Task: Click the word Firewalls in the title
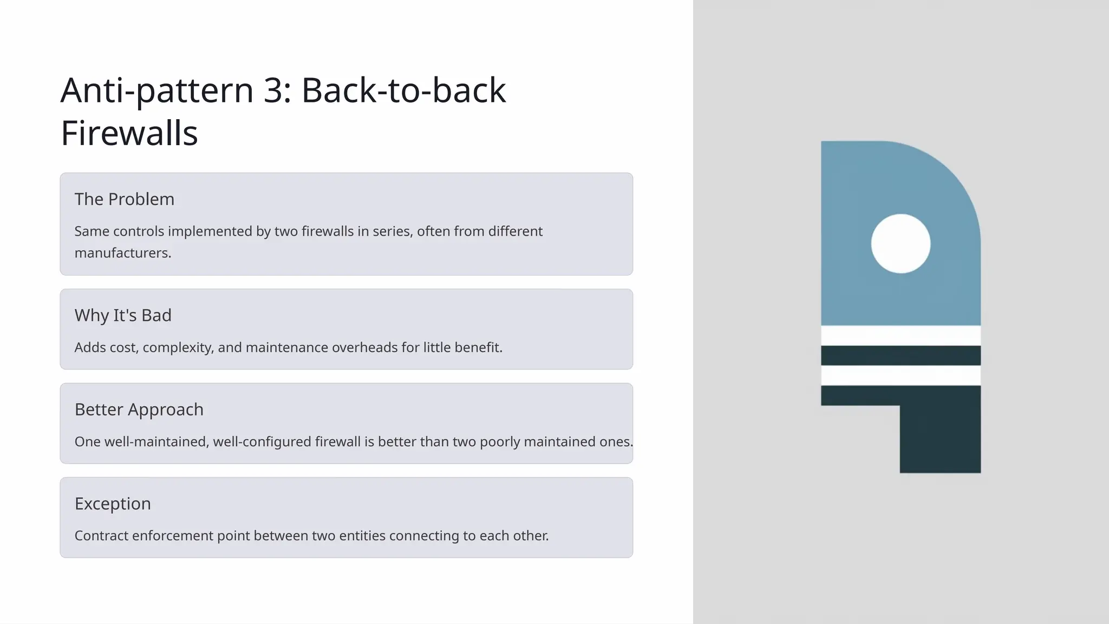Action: (x=129, y=133)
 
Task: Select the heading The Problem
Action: (x=125, y=199)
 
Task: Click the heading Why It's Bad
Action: (x=123, y=315)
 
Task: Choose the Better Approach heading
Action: (x=139, y=409)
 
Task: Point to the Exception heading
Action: (x=113, y=504)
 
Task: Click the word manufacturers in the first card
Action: (x=122, y=253)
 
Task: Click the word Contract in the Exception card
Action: (x=101, y=536)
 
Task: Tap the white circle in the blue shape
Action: (x=901, y=244)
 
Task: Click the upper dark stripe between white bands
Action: (x=901, y=355)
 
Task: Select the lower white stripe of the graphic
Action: (x=901, y=375)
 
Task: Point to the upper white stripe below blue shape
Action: (x=901, y=335)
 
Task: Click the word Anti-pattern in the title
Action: (x=157, y=90)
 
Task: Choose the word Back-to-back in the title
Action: (x=403, y=90)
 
